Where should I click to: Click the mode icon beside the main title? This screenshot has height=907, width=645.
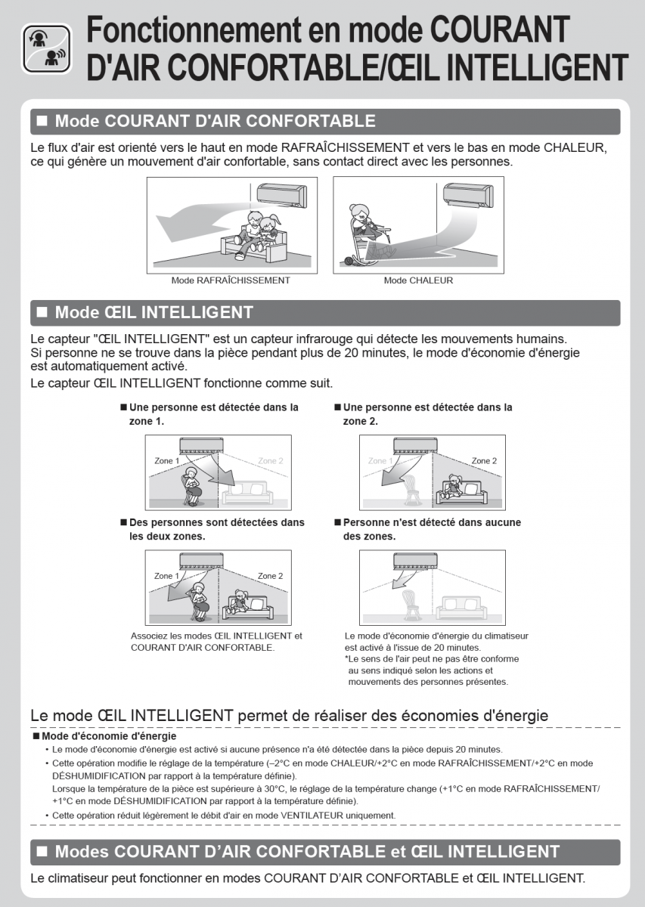47,48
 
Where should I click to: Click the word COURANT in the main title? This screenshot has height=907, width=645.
499,30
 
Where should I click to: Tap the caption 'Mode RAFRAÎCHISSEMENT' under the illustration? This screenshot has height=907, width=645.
231,280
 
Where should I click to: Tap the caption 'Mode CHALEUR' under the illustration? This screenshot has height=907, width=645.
418,280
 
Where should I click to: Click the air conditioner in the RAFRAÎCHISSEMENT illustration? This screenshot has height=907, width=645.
282,195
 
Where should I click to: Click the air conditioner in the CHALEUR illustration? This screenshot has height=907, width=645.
468,194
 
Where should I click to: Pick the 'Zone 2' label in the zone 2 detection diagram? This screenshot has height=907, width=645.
484,460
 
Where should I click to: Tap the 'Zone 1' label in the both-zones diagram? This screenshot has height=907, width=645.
167,576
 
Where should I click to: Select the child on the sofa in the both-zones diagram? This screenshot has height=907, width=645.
241,603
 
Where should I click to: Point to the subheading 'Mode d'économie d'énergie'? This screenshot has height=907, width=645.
109,735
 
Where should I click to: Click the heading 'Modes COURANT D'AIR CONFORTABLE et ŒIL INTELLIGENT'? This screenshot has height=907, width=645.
307,852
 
